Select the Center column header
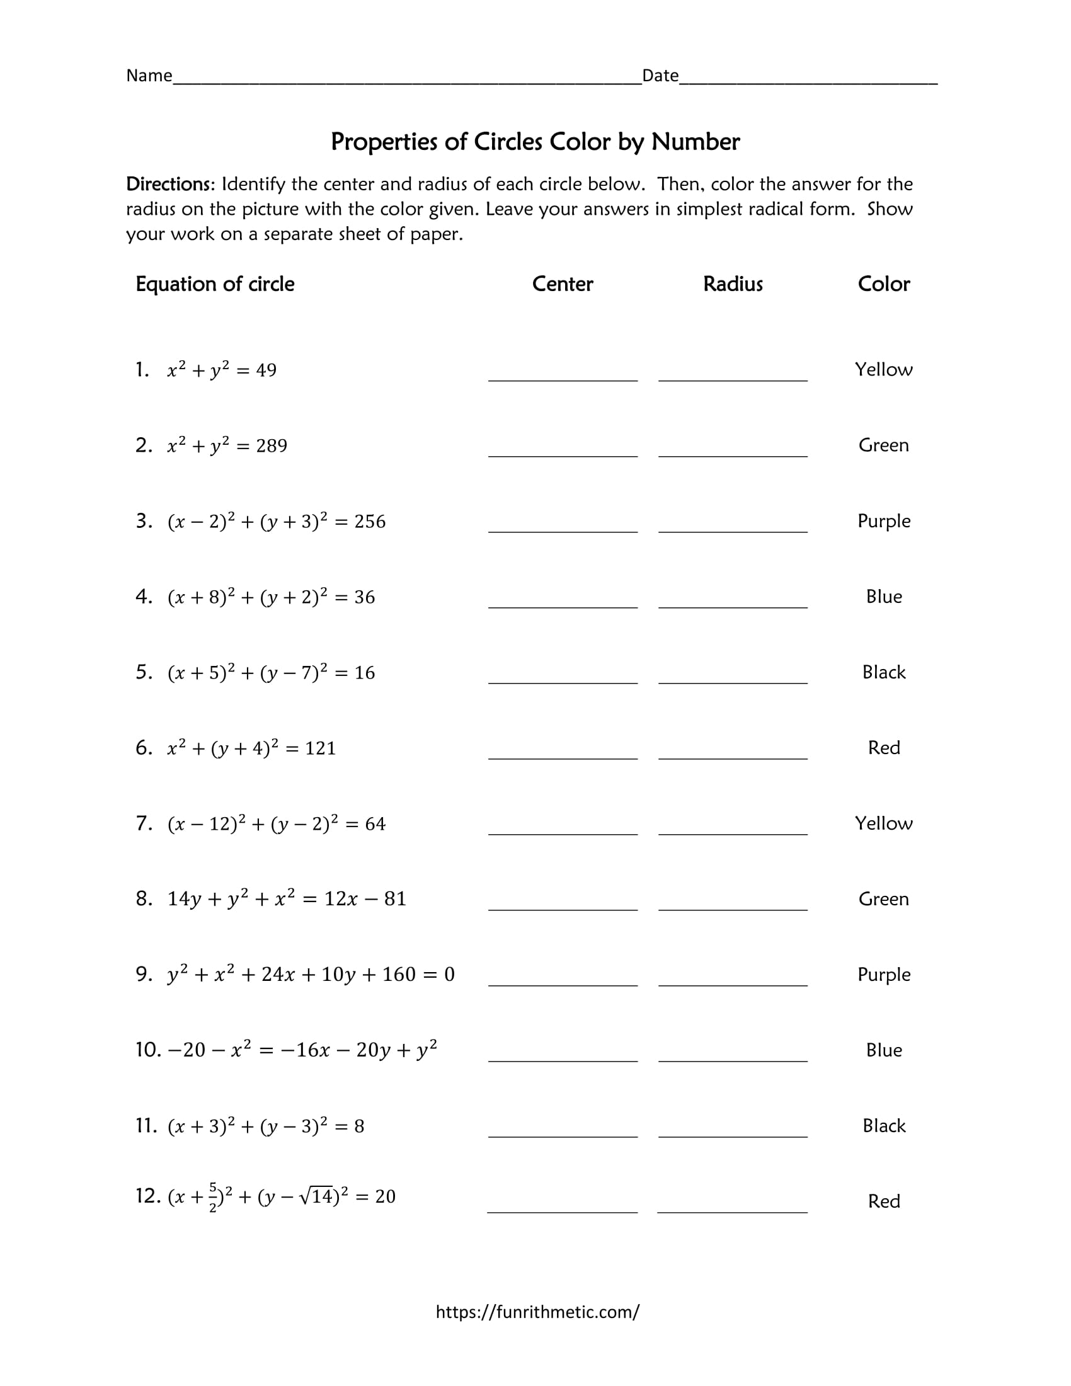[562, 283]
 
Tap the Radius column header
[733, 283]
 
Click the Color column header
[883, 283]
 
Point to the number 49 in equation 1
[266, 370]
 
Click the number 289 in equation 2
[272, 446]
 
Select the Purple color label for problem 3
[883, 521]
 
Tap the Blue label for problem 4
[883, 597]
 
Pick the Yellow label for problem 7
[883, 823]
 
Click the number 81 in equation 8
[394, 899]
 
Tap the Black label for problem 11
[883, 1126]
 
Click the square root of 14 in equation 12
[316, 1196]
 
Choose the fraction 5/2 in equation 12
[213, 1197]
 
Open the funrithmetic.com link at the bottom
[537, 1312]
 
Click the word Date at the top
[660, 76]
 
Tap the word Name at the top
[149, 76]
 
